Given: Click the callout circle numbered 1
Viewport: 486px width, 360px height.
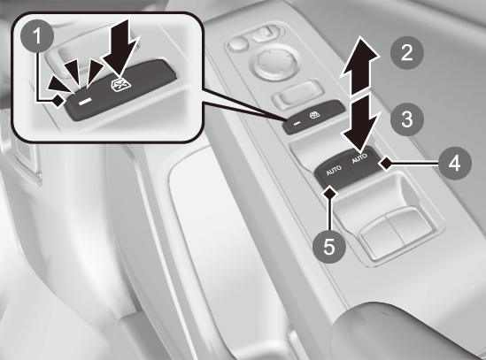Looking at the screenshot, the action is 37,36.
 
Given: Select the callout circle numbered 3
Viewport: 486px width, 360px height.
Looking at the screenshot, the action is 406,119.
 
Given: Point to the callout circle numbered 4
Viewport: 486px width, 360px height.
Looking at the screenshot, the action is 455,163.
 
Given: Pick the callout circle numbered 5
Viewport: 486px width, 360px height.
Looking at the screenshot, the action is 329,247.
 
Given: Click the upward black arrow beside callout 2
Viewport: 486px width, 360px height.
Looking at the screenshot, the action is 359,65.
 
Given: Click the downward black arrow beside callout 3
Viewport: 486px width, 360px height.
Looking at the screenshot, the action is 361,122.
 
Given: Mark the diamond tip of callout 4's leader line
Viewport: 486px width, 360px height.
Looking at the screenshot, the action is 386,163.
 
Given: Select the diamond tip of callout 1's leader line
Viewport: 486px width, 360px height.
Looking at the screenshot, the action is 58,100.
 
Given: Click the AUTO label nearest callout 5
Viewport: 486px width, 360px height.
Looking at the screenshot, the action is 334,171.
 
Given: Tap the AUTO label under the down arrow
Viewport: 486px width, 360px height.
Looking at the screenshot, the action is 359,158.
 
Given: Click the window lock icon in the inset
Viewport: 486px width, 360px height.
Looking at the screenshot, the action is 118,84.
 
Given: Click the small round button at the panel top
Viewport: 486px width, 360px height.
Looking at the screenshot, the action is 238,42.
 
